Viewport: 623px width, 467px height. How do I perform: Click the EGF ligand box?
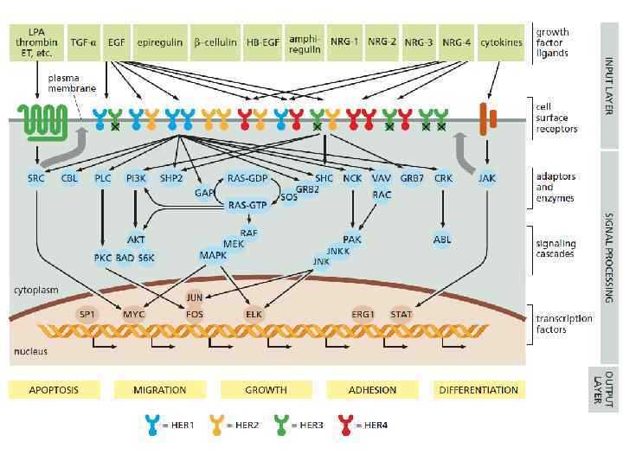tap(115, 42)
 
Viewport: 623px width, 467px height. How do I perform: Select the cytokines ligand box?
tap(500, 42)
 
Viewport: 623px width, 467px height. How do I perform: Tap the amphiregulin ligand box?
tap(305, 42)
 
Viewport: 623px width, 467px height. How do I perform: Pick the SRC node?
tap(37, 178)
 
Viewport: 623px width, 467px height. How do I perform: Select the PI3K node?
tap(136, 178)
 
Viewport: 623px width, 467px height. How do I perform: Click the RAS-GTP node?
tap(247, 206)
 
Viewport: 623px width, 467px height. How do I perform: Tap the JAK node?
tap(487, 178)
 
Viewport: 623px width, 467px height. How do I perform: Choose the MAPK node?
tap(213, 255)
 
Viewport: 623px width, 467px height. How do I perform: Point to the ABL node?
tap(442, 240)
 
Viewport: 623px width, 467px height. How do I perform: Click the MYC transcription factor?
tap(134, 314)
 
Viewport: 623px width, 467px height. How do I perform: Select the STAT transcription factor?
tap(401, 314)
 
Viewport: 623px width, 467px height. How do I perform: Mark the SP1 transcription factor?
tap(87, 314)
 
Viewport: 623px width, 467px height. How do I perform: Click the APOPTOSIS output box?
tap(55, 390)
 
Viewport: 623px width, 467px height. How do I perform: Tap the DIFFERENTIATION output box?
tap(479, 390)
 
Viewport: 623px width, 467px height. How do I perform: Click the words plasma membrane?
tap(67, 82)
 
